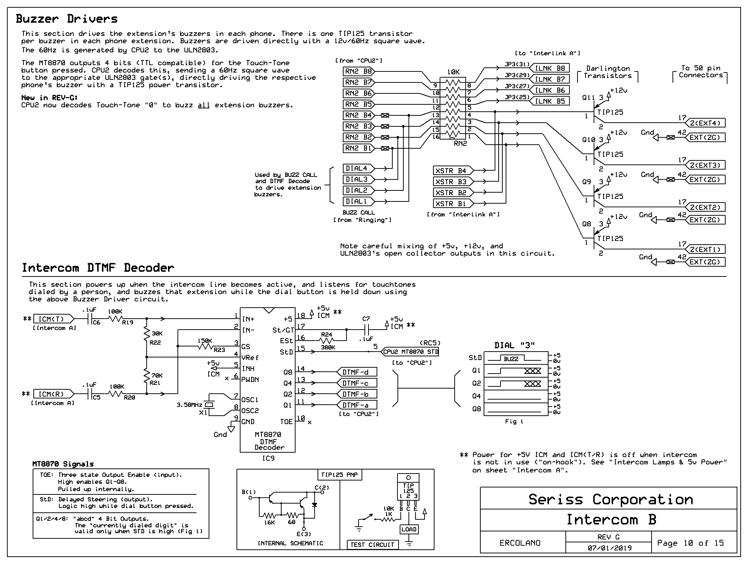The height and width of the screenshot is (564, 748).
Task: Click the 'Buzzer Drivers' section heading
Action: tap(67, 19)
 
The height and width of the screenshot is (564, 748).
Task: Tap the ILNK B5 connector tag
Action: tap(550, 101)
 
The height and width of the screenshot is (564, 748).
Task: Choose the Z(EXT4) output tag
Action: tap(705, 123)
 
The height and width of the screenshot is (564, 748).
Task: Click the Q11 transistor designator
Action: tap(588, 98)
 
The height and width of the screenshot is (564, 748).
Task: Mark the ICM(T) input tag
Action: tap(54, 319)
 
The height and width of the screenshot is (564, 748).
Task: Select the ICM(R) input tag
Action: tap(54, 394)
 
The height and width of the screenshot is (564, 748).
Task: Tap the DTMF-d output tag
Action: tap(356, 372)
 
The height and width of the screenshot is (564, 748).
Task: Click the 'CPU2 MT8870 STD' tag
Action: tap(410, 352)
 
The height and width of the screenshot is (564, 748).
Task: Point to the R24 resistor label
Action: tap(326, 334)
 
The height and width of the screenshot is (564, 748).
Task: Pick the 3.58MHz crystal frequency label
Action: tap(189, 405)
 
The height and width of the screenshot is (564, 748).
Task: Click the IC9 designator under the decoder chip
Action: tap(268, 458)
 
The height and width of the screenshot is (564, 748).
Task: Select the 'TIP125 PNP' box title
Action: tap(340, 475)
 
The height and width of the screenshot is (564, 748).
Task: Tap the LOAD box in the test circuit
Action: tap(409, 529)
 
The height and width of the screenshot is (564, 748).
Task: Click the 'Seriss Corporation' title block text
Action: tap(610, 500)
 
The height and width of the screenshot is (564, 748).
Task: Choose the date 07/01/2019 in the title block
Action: tap(609, 548)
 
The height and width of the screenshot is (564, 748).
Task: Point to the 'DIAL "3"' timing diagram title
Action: tap(514, 345)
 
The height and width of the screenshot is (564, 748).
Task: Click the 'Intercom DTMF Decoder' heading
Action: tap(98, 268)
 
